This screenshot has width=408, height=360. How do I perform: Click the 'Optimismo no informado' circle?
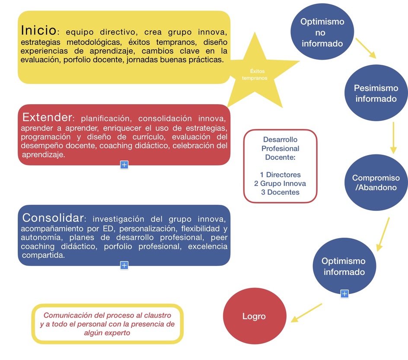[x=322, y=32]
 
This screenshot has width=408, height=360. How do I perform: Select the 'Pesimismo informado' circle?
[x=376, y=93]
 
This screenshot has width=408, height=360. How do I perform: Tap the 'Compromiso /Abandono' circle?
[x=376, y=183]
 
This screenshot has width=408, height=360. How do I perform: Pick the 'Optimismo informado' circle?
[x=344, y=266]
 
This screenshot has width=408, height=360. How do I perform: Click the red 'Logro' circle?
[x=254, y=316]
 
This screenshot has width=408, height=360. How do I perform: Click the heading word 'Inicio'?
[x=38, y=30]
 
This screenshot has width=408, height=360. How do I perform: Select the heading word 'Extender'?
[x=47, y=117]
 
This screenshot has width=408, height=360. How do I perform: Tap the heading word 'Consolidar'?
[x=53, y=217]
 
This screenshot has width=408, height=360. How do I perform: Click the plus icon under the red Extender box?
[x=124, y=165]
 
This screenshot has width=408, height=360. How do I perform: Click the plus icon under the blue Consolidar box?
[x=124, y=265]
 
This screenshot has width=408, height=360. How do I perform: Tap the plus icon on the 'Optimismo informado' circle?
[x=344, y=294]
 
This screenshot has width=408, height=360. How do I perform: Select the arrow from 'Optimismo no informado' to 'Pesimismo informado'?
[x=366, y=48]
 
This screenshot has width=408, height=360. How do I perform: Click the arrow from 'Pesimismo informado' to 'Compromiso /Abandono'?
[x=393, y=137]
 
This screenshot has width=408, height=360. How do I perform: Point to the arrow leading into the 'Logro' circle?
[x=306, y=312]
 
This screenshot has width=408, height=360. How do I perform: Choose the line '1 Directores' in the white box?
[x=280, y=175]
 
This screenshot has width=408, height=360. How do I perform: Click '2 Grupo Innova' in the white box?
[x=280, y=183]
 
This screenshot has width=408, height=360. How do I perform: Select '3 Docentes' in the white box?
[x=280, y=192]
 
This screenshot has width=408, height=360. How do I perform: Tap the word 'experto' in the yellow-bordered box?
[x=117, y=333]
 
